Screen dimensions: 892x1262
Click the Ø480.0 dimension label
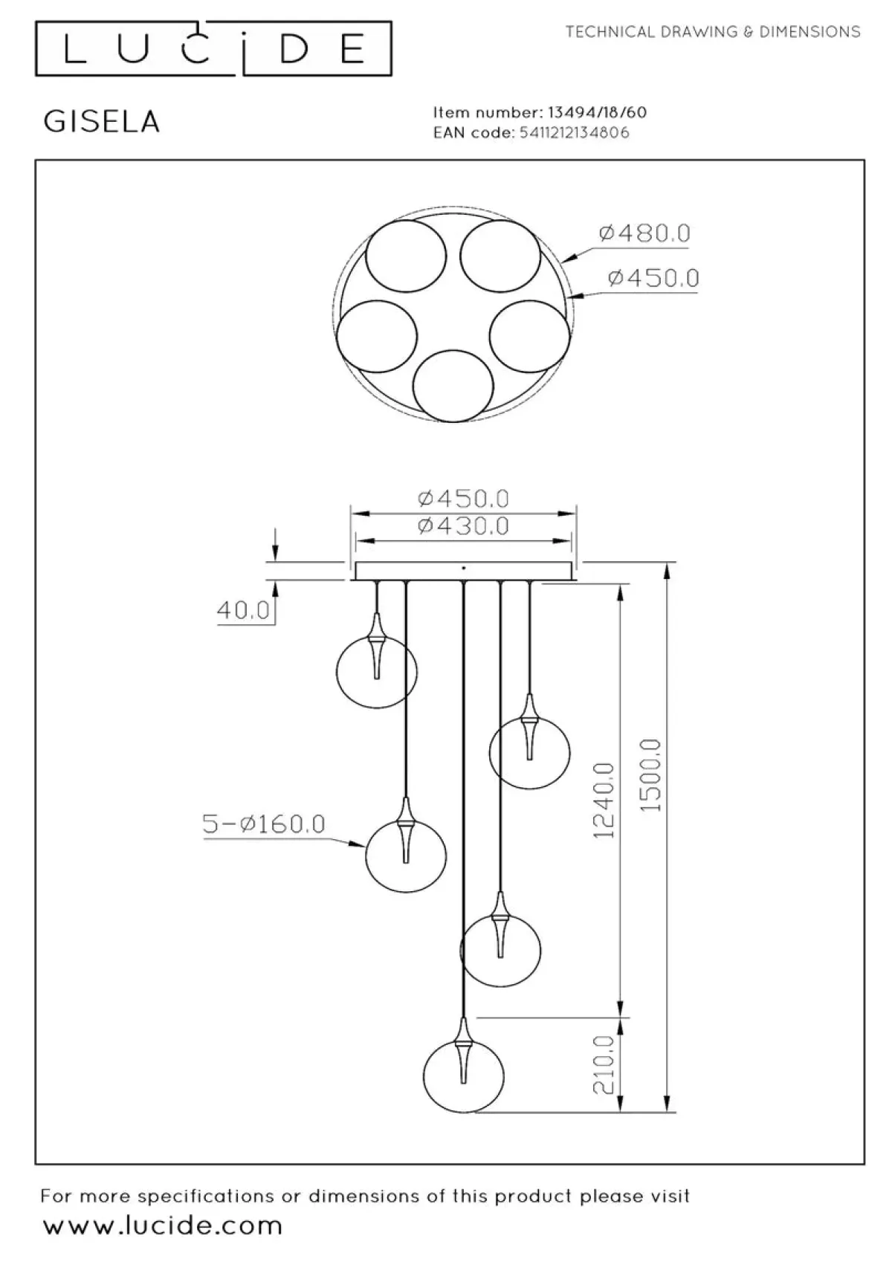click(644, 233)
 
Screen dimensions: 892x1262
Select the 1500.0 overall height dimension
click(651, 774)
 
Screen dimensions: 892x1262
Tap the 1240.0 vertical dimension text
click(604, 800)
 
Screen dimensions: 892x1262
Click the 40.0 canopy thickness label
click(243, 609)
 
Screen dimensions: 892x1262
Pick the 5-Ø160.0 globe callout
click(264, 823)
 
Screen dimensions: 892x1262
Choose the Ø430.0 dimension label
click(463, 526)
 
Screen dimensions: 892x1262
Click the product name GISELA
click(102, 122)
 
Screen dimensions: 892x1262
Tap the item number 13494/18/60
click(598, 113)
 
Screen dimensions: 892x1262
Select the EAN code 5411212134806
click(574, 133)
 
